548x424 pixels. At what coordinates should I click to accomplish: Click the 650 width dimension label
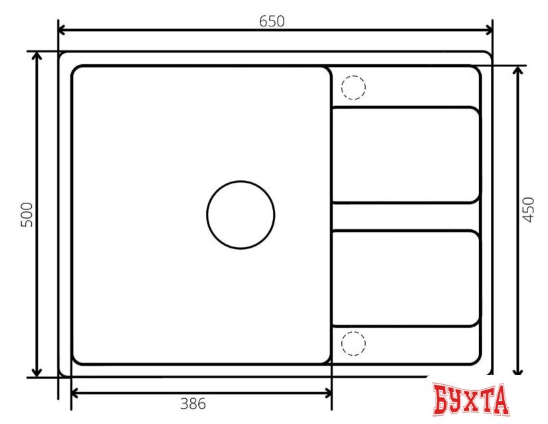[x=272, y=21]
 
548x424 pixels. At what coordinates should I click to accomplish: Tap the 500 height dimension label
[x=27, y=215]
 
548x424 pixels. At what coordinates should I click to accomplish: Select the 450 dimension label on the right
[x=528, y=209]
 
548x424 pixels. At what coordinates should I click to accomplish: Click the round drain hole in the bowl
[x=241, y=215]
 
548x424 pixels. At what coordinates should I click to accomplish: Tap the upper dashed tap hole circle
[x=353, y=87]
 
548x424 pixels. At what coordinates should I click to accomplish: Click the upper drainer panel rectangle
[x=405, y=154]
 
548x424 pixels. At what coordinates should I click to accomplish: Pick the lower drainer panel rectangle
[x=405, y=278]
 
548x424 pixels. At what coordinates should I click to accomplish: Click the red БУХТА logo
[x=471, y=399]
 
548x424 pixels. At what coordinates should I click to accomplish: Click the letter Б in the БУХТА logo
[x=442, y=399]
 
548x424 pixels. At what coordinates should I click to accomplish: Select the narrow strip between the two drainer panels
[x=405, y=217]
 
